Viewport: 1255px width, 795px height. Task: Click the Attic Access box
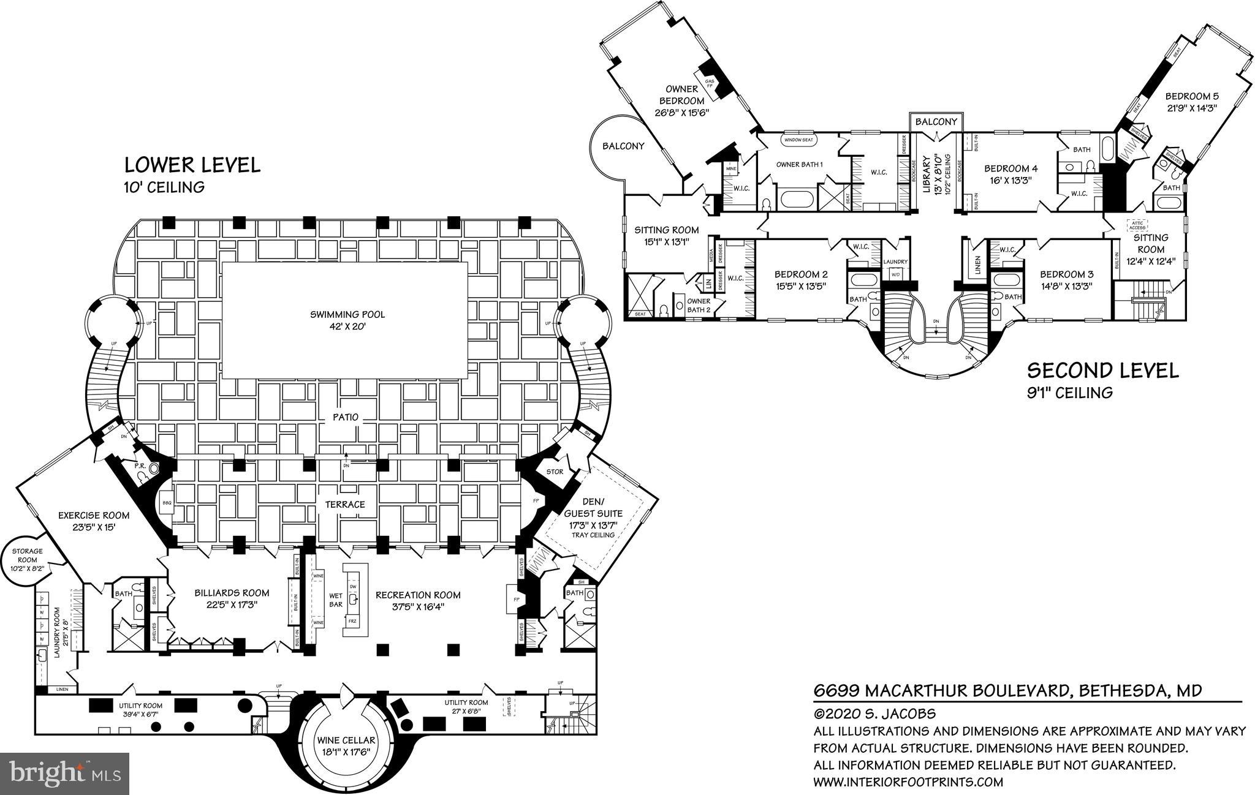coord(1138,225)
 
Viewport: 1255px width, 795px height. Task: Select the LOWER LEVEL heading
coord(192,165)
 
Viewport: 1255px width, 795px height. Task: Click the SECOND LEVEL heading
coord(1102,371)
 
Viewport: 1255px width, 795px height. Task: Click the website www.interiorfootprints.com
coord(908,782)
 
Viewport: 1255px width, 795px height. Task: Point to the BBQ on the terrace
coord(166,502)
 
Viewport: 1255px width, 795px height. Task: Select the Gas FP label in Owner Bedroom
coord(710,84)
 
